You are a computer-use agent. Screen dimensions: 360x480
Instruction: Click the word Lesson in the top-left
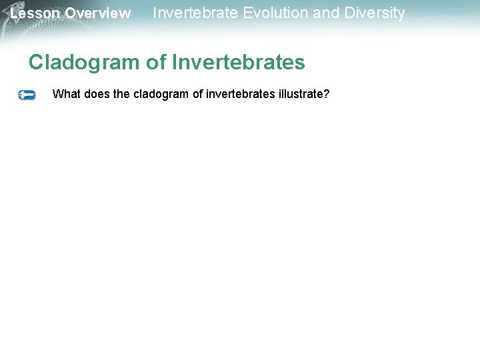tap(35, 13)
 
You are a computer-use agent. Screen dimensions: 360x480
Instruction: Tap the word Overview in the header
tap(98, 13)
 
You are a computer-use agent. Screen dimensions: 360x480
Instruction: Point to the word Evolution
tap(276, 13)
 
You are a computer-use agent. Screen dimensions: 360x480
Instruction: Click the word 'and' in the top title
tap(325, 13)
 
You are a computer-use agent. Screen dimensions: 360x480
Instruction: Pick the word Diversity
tap(373, 13)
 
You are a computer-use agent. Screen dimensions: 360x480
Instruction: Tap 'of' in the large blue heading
tap(156, 63)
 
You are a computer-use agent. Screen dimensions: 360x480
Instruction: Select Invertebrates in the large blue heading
tap(238, 63)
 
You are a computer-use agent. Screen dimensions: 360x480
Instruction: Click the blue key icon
tap(27, 95)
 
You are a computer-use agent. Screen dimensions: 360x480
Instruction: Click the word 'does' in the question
tap(97, 94)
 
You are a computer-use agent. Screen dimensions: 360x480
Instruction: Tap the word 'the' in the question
tap(122, 94)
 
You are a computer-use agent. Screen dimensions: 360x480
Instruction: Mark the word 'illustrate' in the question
tap(299, 94)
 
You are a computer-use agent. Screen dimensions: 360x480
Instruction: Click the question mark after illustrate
tap(327, 94)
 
